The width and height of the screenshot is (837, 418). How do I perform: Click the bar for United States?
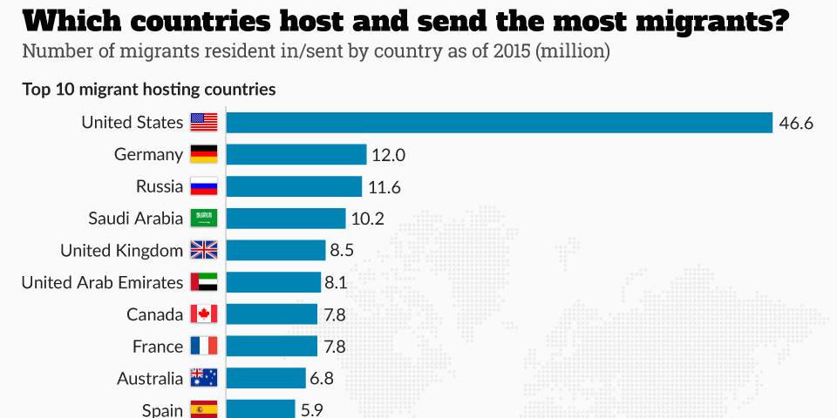[x=500, y=123]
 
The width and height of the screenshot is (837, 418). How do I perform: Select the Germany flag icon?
[x=203, y=155]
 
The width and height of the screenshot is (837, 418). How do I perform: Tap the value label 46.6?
[x=796, y=123]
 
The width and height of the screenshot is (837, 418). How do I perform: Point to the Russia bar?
[x=294, y=186]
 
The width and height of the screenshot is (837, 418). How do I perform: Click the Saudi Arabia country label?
[x=136, y=219]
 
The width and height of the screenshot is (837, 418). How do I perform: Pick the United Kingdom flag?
[x=203, y=251]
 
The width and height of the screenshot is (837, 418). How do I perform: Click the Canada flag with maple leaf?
[x=203, y=314]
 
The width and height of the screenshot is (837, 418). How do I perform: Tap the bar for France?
[x=272, y=347]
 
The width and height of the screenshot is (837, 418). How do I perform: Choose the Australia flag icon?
[x=203, y=379]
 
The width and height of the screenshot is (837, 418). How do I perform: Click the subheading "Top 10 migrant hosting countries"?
[x=149, y=89]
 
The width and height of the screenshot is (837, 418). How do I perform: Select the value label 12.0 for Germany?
[x=389, y=155]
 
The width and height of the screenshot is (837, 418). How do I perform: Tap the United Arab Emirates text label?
[x=102, y=282]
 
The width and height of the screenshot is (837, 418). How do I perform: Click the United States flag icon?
[x=203, y=123]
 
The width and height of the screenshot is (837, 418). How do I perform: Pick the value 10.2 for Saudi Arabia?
[x=367, y=219]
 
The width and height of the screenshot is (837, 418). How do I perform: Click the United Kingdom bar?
[x=276, y=251]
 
